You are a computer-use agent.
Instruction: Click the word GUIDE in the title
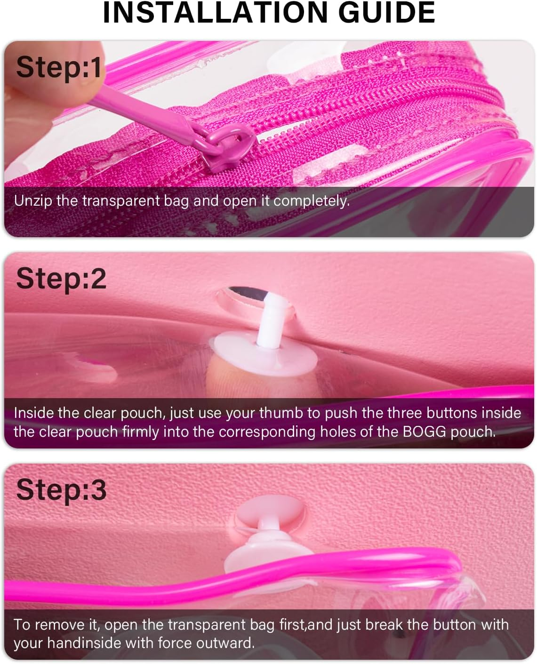point(387,13)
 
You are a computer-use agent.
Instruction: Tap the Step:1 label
point(59,67)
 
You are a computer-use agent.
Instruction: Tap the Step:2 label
point(61,279)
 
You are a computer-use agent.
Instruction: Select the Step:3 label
point(61,490)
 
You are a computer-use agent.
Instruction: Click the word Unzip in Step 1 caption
point(33,201)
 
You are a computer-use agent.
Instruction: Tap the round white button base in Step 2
point(264,356)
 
